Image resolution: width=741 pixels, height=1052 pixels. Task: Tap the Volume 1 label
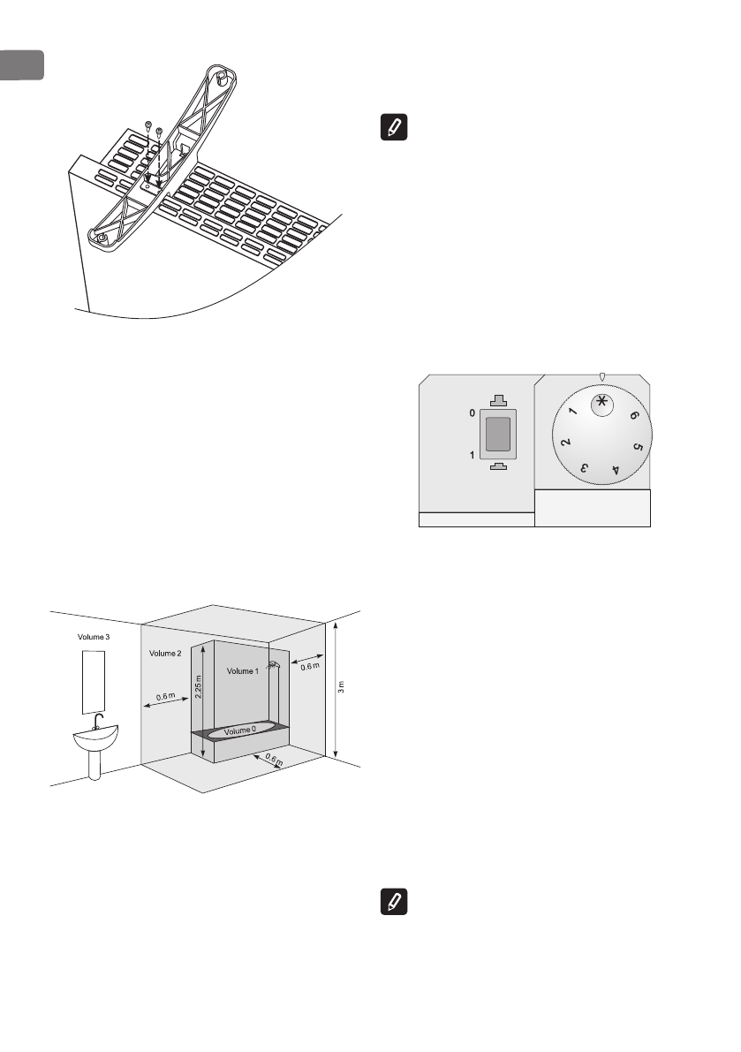[x=244, y=671]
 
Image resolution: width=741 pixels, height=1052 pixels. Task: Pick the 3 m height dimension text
[x=341, y=687]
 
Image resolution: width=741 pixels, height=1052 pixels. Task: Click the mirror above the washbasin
[x=93, y=680]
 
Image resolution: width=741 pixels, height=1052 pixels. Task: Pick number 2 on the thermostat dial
[x=563, y=443]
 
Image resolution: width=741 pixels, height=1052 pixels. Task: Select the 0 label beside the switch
[x=473, y=413]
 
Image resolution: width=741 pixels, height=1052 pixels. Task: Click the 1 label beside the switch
[x=473, y=455]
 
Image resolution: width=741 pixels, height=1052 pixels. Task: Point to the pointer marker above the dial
[x=602, y=377]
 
